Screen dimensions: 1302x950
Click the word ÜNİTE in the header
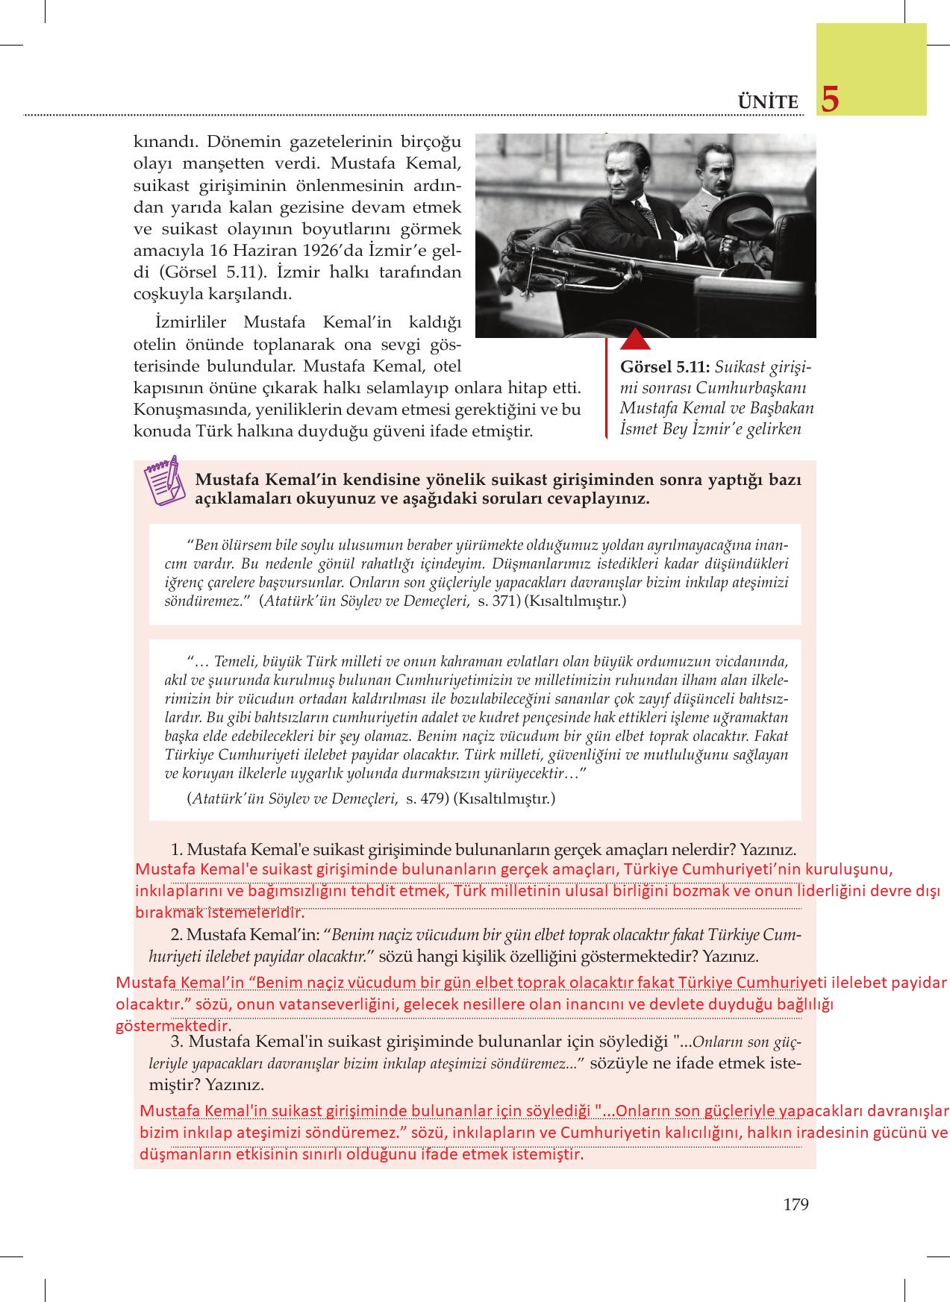[768, 102]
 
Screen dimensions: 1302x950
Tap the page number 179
[796, 1204]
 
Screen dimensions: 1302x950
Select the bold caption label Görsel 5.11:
[665, 368]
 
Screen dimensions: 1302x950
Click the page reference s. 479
[426, 798]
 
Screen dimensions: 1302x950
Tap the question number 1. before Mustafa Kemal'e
[178, 849]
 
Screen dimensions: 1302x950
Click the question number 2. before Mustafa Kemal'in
[178, 935]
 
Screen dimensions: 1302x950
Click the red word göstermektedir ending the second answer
[174, 1026]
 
